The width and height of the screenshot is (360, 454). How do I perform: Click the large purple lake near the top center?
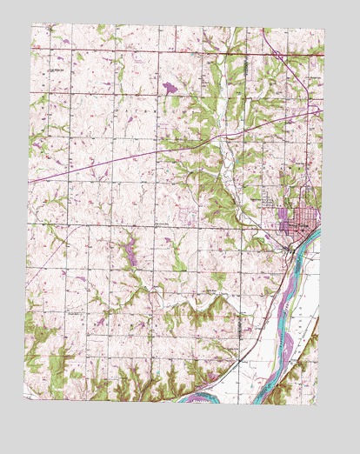click(167, 87)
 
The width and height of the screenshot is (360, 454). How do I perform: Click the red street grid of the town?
click(299, 221)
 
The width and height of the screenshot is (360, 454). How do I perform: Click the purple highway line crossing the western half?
click(104, 165)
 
